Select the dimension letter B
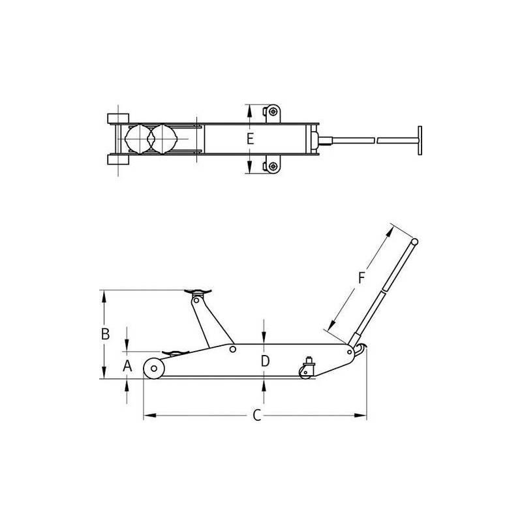coord(104,333)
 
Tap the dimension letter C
coord(257,416)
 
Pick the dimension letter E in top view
coord(250,138)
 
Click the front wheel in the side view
coord(154,369)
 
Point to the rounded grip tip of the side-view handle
coord(414,243)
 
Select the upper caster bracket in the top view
coord(272,112)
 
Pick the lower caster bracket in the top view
coord(272,166)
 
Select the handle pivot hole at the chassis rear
coord(352,352)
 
